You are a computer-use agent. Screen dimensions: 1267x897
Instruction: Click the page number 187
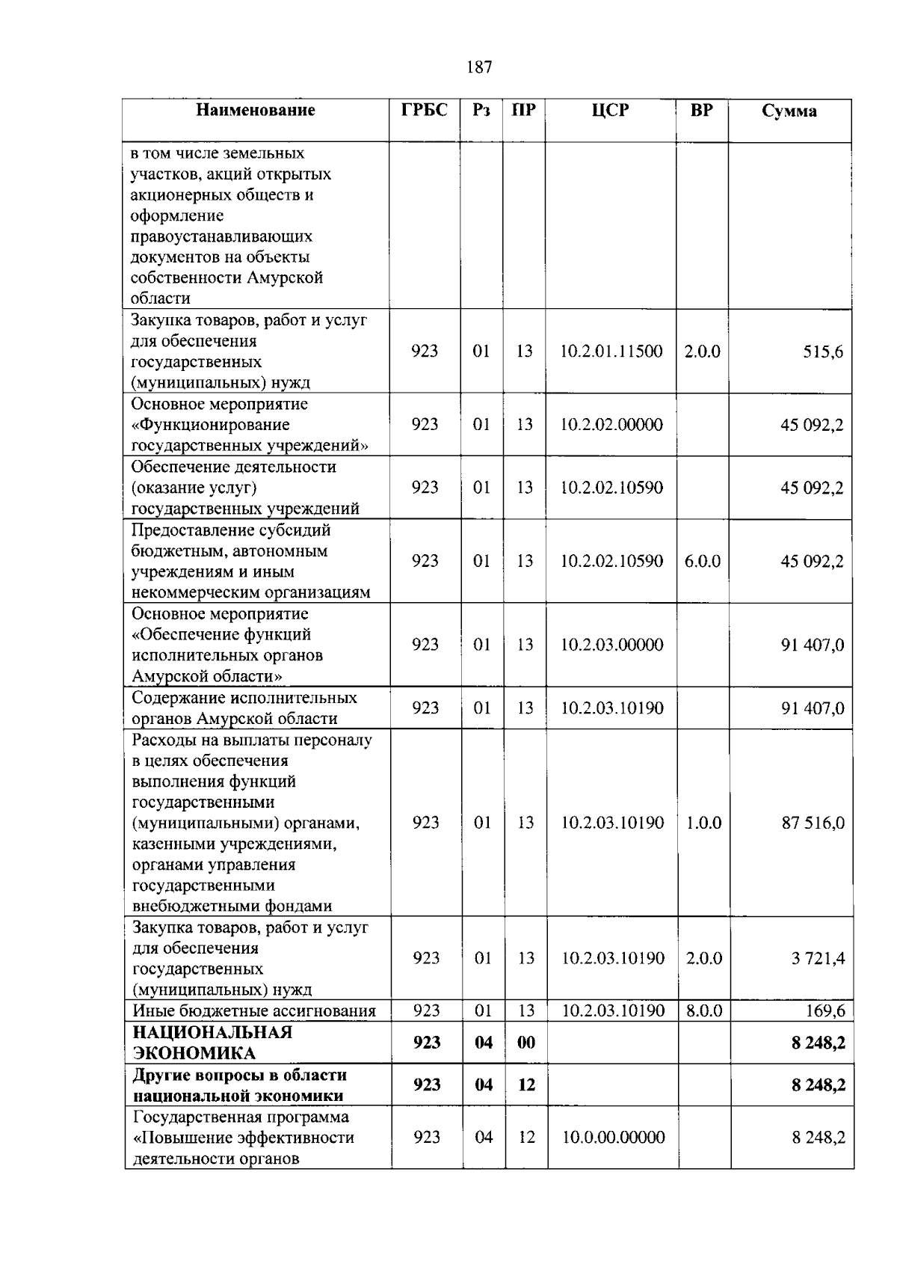pyautogui.click(x=478, y=67)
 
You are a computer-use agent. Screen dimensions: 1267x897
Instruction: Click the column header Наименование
pyautogui.click(x=256, y=111)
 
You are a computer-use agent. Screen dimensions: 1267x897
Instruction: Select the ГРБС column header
pyautogui.click(x=425, y=111)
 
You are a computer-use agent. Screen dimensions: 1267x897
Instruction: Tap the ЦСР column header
pyautogui.click(x=610, y=111)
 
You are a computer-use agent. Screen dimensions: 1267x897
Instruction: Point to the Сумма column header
pyautogui.click(x=789, y=111)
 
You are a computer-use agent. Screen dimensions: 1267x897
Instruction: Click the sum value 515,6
pyautogui.click(x=823, y=352)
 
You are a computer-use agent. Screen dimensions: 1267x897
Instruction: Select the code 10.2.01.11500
pyautogui.click(x=611, y=352)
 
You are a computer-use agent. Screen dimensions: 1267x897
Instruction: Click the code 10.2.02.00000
pyautogui.click(x=611, y=425)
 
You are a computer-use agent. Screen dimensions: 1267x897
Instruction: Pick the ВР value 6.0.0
pyautogui.click(x=702, y=561)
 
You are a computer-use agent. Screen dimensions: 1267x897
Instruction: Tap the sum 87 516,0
pyautogui.click(x=813, y=823)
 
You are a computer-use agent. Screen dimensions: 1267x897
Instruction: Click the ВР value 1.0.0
pyautogui.click(x=703, y=823)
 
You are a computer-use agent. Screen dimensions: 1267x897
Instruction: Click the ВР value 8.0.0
pyautogui.click(x=704, y=1011)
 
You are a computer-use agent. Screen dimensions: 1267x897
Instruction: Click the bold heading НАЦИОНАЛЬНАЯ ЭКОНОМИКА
pyautogui.click(x=212, y=1043)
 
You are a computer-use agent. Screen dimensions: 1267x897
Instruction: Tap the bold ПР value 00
pyautogui.click(x=526, y=1043)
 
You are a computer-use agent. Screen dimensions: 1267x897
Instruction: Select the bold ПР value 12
pyautogui.click(x=526, y=1085)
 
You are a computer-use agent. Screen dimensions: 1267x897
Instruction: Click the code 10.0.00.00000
pyautogui.click(x=613, y=1138)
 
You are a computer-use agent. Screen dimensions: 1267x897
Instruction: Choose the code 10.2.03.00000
pyautogui.click(x=611, y=645)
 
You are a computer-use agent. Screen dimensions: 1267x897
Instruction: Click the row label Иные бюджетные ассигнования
pyautogui.click(x=254, y=1011)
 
